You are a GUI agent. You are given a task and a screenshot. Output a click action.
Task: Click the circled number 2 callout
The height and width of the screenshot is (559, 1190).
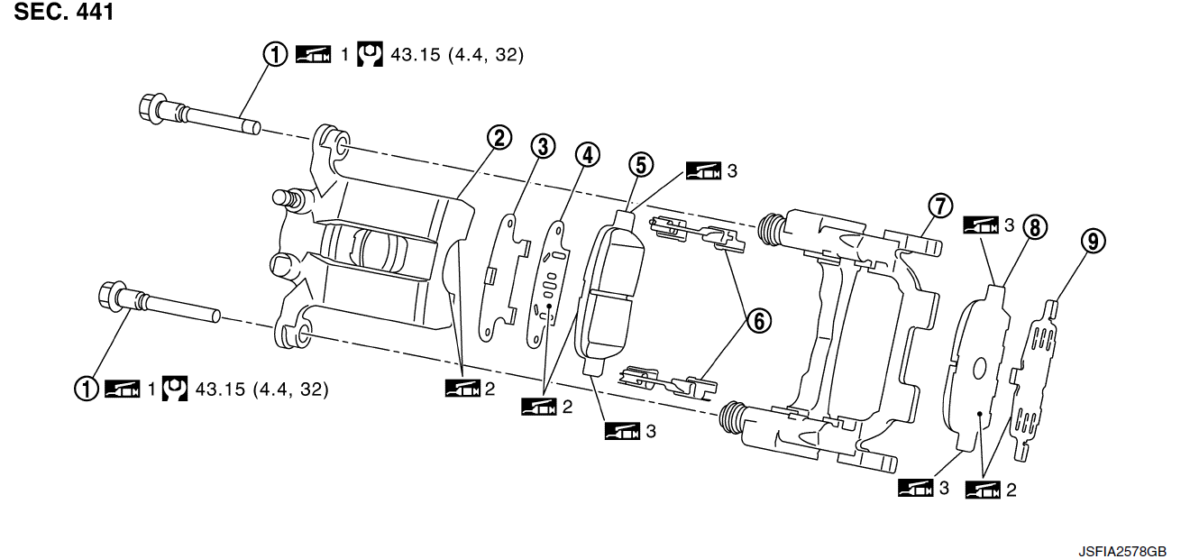(x=498, y=138)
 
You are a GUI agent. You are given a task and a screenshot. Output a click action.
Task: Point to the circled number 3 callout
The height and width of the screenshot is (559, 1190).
(x=542, y=144)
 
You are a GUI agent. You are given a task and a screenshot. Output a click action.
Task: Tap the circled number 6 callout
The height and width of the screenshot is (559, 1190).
(x=757, y=318)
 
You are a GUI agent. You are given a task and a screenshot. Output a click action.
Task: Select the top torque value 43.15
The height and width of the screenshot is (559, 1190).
(x=415, y=55)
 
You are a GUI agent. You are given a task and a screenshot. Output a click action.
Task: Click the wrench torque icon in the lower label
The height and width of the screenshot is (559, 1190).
(x=175, y=389)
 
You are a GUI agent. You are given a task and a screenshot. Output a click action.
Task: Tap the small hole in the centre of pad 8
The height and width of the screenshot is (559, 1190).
(x=981, y=367)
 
